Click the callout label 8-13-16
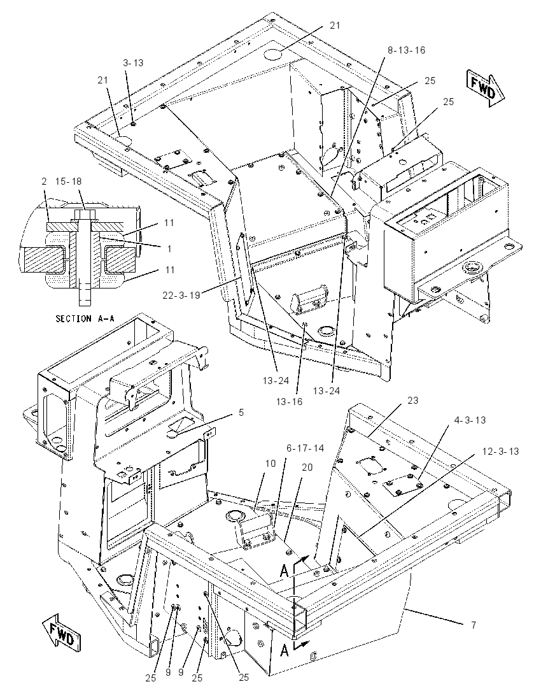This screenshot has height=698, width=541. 406,50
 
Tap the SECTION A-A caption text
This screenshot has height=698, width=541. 85,318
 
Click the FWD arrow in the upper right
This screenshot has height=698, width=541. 485,89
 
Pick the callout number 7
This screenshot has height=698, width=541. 474,625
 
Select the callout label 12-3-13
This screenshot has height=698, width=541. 500,451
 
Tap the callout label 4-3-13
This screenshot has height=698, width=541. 470,420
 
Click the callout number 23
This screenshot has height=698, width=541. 413,400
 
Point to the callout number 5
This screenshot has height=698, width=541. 241,413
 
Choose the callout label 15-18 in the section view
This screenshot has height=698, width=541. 68,182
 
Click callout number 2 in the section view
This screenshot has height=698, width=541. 44,182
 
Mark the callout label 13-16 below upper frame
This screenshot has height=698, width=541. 289,401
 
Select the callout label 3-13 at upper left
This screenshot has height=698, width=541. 133,63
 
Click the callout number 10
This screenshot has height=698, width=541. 270,464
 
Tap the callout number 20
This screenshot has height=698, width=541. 307,467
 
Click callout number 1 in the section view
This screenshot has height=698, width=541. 169,249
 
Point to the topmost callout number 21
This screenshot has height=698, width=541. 335,25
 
